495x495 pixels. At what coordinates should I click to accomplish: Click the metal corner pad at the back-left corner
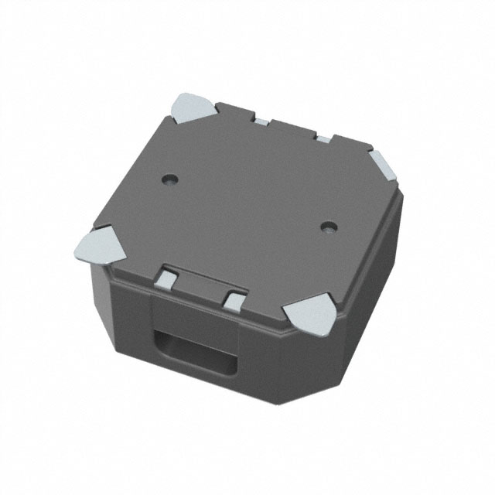pyautogui.click(x=191, y=108)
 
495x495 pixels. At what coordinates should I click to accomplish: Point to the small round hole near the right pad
pyautogui.click(x=330, y=227)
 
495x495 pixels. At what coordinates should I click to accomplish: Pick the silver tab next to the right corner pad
pyautogui.click(x=323, y=138)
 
